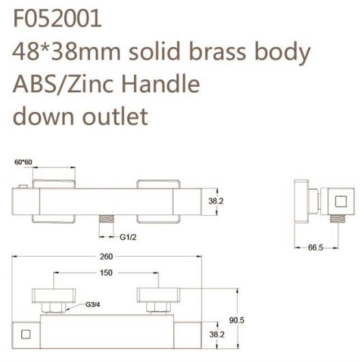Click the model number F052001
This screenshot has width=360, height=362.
coord(57,18)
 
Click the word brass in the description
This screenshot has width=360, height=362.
coord(217,51)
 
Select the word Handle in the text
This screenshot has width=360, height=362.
coord(161,83)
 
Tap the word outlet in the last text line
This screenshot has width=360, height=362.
coord(115,116)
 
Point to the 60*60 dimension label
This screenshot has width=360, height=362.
coord(23,162)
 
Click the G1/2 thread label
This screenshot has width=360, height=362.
coord(128,237)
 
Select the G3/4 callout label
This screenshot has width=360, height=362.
coord(93,305)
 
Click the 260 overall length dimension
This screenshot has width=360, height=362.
coord(106,257)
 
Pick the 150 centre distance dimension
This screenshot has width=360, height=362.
coord(106,273)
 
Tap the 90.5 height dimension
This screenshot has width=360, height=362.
coord(236,320)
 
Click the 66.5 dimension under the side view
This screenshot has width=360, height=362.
coord(316,248)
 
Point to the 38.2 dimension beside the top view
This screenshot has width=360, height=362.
coord(216,201)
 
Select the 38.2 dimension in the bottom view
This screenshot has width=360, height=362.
coord(217,335)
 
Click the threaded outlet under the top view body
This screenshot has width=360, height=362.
coord(106,219)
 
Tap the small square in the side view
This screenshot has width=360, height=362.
coord(341,201)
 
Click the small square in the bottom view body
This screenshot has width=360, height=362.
coord(26,335)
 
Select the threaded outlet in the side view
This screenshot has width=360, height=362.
coord(337,219)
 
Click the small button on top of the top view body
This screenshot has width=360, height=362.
coord(23,186)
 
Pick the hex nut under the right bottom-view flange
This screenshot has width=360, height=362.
coord(158,307)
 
